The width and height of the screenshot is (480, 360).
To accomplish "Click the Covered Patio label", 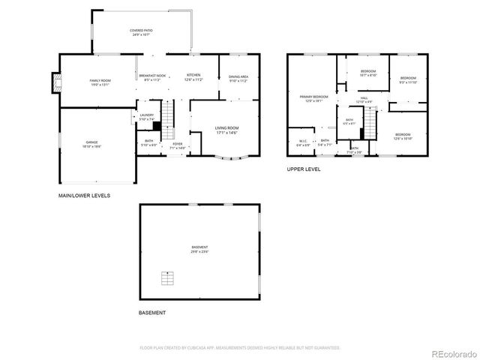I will [142, 32].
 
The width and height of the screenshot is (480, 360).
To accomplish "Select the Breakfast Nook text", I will [151, 77].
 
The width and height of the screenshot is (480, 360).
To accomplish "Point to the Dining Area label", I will [238, 77].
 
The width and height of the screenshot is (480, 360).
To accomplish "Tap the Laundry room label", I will [146, 116].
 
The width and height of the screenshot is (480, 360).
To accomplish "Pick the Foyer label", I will [177, 146].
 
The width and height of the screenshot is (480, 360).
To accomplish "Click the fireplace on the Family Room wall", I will [55, 82].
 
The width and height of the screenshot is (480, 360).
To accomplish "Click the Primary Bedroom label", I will [314, 98].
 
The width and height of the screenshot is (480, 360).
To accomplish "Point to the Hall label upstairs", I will [363, 99].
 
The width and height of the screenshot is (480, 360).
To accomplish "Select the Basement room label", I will [199, 249].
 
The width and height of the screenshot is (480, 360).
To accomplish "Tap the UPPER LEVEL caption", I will [304, 169].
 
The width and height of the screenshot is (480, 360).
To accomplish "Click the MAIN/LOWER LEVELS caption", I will [84, 196].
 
